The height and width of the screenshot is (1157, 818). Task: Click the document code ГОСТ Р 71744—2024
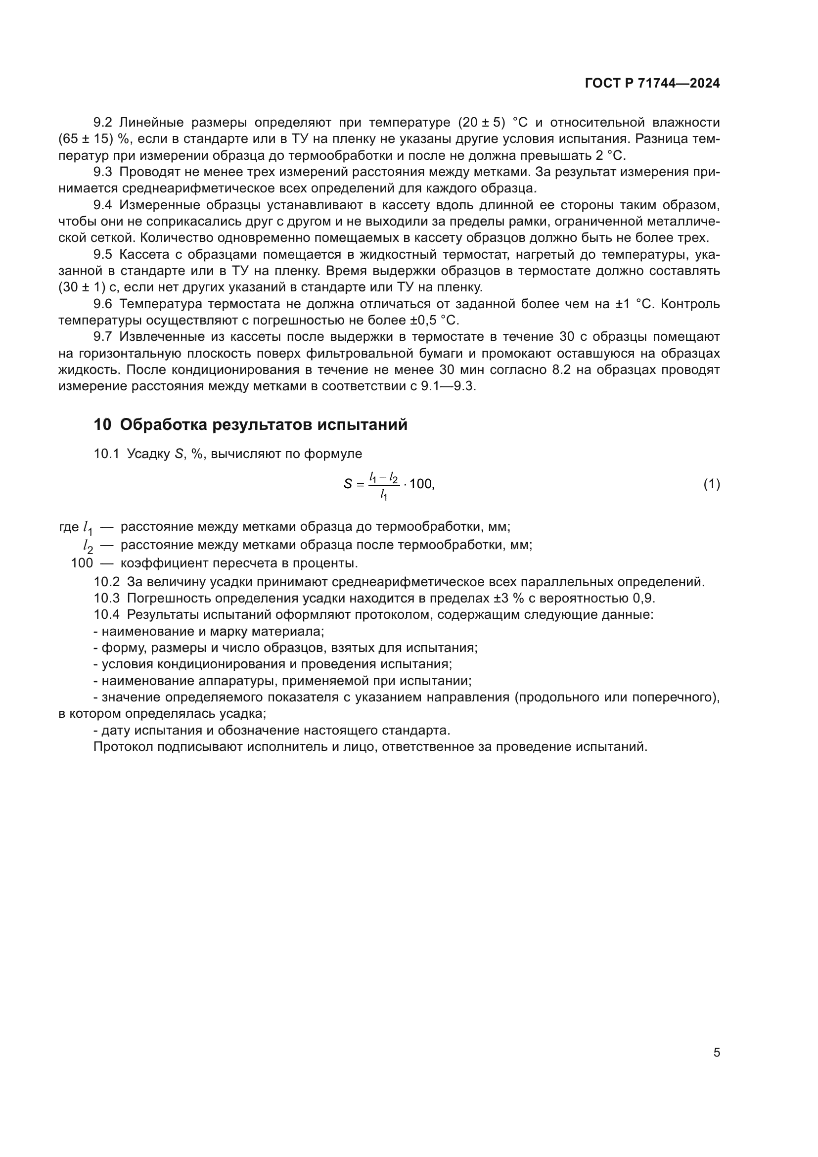click(x=652, y=84)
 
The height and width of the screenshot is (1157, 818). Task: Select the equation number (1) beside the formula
click(x=711, y=484)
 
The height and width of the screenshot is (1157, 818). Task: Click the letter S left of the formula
click(x=348, y=484)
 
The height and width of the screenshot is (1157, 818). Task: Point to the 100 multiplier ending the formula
click(x=421, y=484)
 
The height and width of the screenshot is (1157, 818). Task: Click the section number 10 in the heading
click(x=102, y=425)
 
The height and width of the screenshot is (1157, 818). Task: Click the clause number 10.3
click(x=106, y=598)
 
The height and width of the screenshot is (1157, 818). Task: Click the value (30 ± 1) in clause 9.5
click(x=82, y=288)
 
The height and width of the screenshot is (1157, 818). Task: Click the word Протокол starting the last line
click(x=124, y=747)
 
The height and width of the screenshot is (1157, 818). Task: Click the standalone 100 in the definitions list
click(x=82, y=563)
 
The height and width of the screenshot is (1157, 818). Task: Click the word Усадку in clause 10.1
click(x=148, y=454)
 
